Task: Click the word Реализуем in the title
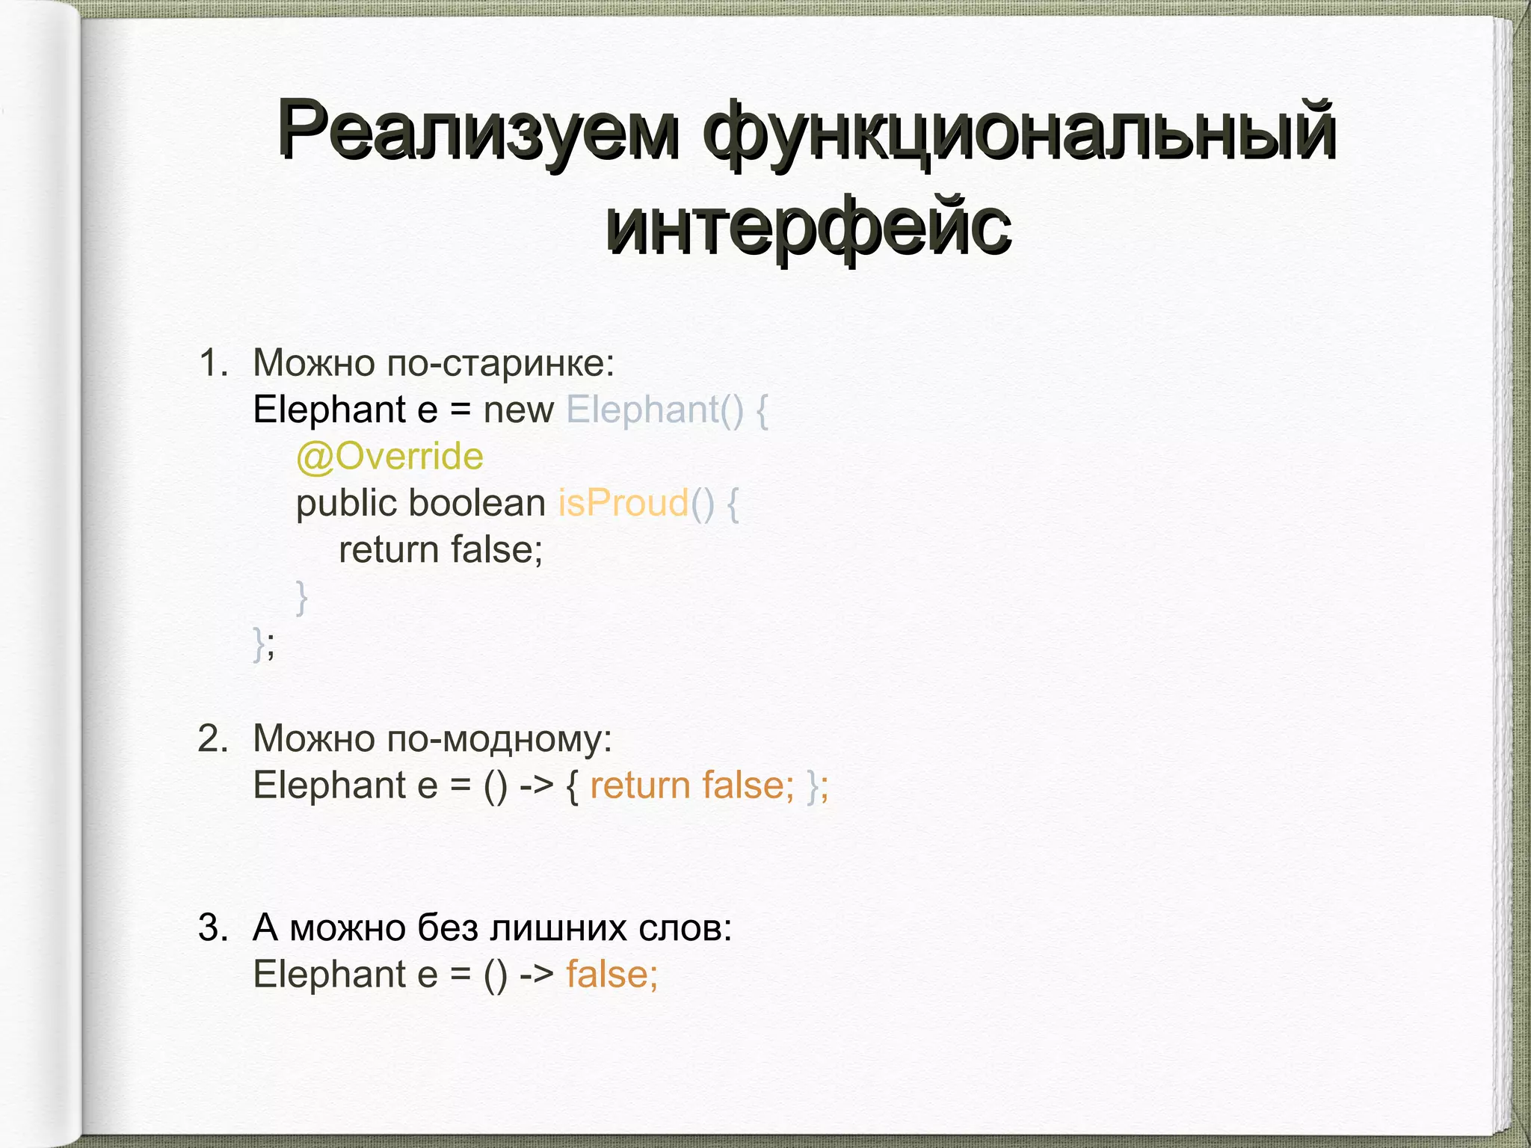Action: tap(478, 131)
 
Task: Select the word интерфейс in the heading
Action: tap(808, 224)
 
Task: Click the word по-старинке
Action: tap(500, 363)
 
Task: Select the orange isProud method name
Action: tap(623, 503)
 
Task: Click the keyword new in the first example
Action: tap(518, 410)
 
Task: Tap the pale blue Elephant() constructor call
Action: tap(655, 410)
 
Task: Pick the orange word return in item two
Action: tap(640, 786)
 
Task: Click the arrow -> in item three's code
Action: tap(536, 975)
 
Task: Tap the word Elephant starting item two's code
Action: tap(329, 786)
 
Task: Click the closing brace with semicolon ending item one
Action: tap(264, 644)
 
